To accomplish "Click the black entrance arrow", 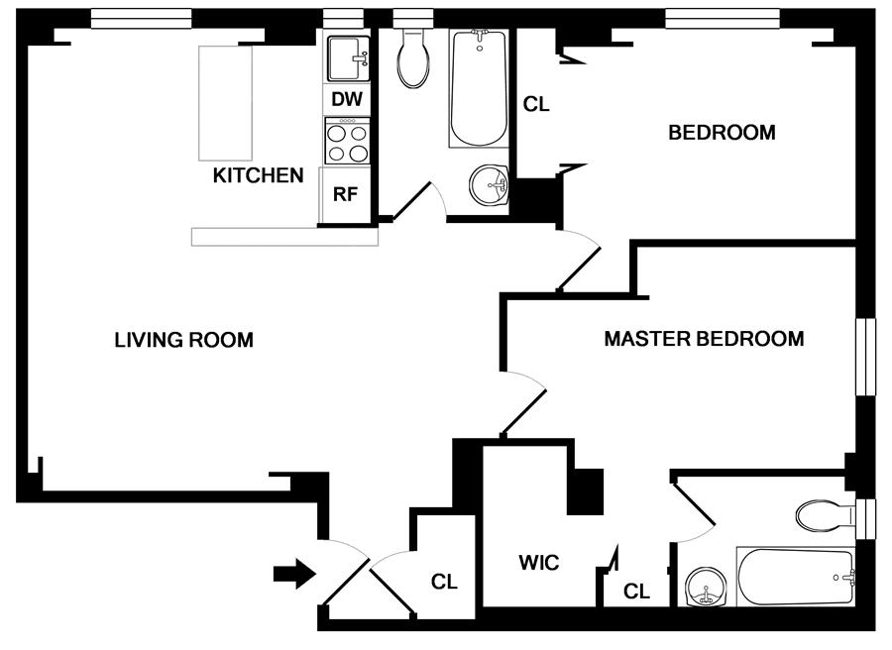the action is pos(294,573).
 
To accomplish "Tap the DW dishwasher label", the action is pos(345,99).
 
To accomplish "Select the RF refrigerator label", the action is pos(344,194).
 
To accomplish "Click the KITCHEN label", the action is pos(259,176).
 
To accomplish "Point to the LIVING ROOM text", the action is pos(183,340).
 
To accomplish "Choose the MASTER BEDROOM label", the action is pos(704,339).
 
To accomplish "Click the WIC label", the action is pos(539,564).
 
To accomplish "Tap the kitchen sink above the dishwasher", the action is pos(347,59).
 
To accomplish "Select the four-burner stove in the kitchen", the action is pos(346,141).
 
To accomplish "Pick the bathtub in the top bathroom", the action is pos(478,89).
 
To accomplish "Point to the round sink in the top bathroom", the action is pos(489,184).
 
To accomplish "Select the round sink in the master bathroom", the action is pos(707,589).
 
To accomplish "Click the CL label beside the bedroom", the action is pos(536,104).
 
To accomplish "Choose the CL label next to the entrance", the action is pos(444,583).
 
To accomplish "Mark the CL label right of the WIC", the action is pos(636,592).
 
